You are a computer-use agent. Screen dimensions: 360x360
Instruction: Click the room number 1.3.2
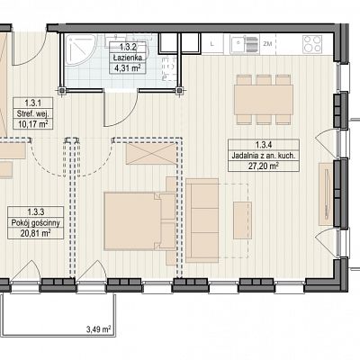tap(128, 47)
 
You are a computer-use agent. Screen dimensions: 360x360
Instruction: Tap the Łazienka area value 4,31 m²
tap(128, 68)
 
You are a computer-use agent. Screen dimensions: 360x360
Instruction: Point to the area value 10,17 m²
tap(33, 123)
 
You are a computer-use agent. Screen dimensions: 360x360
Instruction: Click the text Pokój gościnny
tap(36, 223)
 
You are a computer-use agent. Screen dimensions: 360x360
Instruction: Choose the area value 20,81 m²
tap(35, 233)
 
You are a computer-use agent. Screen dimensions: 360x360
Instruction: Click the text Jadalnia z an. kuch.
tap(264, 156)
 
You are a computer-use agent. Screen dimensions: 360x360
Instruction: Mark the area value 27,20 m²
tap(264, 166)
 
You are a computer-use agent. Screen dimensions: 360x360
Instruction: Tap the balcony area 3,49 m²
tap(99, 329)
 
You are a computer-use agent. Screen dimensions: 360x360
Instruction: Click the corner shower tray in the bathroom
tap(79, 49)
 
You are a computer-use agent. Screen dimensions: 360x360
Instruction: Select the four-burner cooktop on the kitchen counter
tap(312, 44)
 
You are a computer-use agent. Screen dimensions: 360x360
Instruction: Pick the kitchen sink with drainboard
tap(244, 44)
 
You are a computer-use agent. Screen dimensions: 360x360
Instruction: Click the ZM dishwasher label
tap(267, 44)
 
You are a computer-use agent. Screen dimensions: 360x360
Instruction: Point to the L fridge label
tap(212, 44)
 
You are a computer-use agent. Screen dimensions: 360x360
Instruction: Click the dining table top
tap(264, 100)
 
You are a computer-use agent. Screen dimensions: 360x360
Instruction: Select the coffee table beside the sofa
tap(242, 220)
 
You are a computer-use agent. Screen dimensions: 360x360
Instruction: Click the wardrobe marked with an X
tap(151, 154)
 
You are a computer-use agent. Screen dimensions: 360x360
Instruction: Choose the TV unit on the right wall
tap(326, 193)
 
